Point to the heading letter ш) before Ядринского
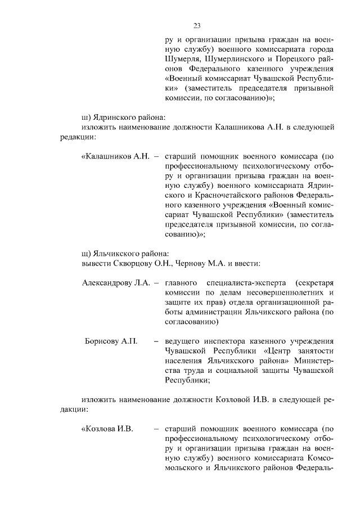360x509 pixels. tap(86, 117)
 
